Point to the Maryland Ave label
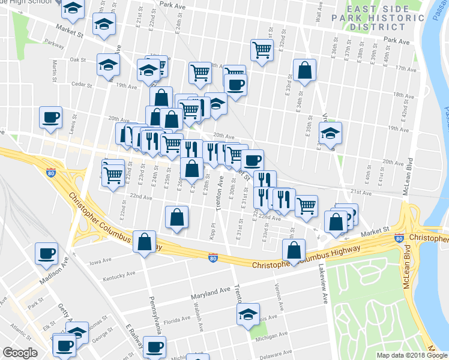pyautogui.click(x=211, y=290)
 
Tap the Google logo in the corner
pyautogui.click(x=20, y=353)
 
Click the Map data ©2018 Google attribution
pyautogui.click(x=411, y=355)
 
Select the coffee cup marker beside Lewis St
pyautogui.click(x=50, y=116)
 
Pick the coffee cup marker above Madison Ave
pyautogui.click(x=46, y=253)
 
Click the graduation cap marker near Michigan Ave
pyautogui.click(x=248, y=314)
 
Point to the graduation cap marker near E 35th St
pyautogui.click(x=330, y=133)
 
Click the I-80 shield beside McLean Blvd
pyautogui.click(x=399, y=239)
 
